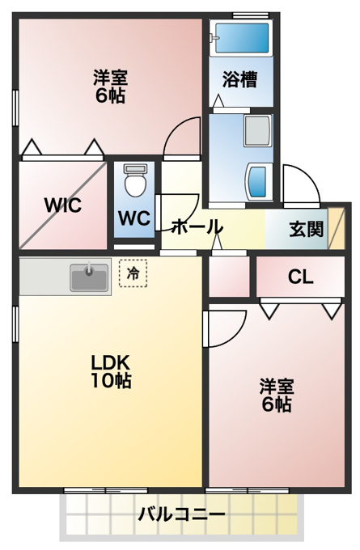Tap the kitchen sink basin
(90, 277)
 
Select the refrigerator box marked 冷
(133, 273)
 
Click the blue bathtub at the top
(242, 38)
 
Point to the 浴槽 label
(240, 79)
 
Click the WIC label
(63, 205)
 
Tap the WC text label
(134, 218)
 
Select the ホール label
(197, 226)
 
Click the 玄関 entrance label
(306, 230)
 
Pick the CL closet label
(300, 277)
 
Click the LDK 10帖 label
(111, 371)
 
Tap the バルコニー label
(181, 514)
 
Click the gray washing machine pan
(258, 130)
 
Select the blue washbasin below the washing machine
(260, 181)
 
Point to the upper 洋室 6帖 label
(110, 87)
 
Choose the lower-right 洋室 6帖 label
(277, 395)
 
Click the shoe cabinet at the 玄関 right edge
(337, 228)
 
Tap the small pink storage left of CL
(229, 277)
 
